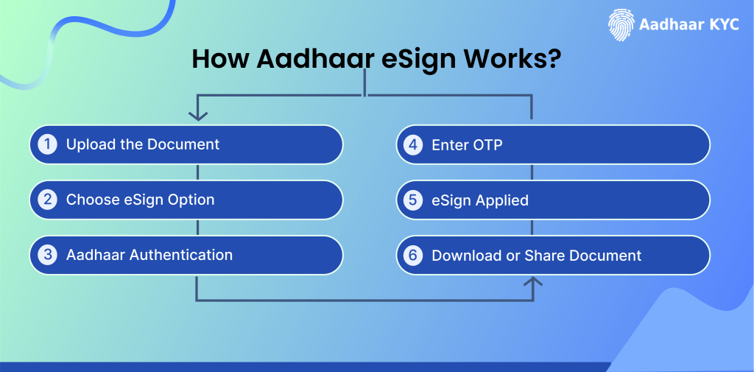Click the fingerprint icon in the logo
click(621, 24)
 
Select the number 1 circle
click(48, 144)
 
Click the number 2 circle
click(48, 200)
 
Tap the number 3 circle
click(48, 255)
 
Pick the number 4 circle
click(414, 144)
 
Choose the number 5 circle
click(414, 200)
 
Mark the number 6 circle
click(414, 256)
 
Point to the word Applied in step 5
click(502, 200)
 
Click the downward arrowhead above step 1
click(197, 115)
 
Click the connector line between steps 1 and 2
click(197, 172)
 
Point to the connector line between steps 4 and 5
click(532, 172)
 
